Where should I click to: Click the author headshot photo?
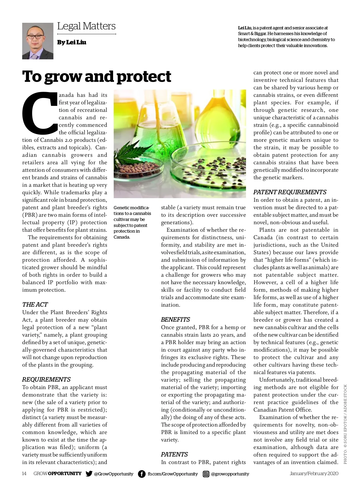coord(37,41)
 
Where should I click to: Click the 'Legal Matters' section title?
coord(86,26)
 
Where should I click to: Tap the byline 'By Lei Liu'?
coord(72,43)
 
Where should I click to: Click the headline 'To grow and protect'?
coord(97,77)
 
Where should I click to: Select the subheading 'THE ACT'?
coord(35,305)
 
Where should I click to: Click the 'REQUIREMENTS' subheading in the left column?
coord(46,379)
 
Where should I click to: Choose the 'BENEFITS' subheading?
coord(175,320)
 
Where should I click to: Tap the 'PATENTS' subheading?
coord(174,454)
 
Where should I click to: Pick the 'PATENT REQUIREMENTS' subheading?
coord(290,192)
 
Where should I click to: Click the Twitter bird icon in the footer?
coord(89,474)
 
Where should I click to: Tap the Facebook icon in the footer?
coord(142,474)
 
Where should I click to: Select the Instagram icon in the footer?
coord(206,474)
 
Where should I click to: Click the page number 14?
coord(24,474)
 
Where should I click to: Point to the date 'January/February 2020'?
coord(314,474)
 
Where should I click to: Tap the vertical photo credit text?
coord(345,424)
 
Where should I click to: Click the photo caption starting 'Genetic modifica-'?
coord(132,222)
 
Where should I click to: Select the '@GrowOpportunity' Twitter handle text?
coord(113,474)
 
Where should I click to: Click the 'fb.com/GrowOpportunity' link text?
coord(172,474)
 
